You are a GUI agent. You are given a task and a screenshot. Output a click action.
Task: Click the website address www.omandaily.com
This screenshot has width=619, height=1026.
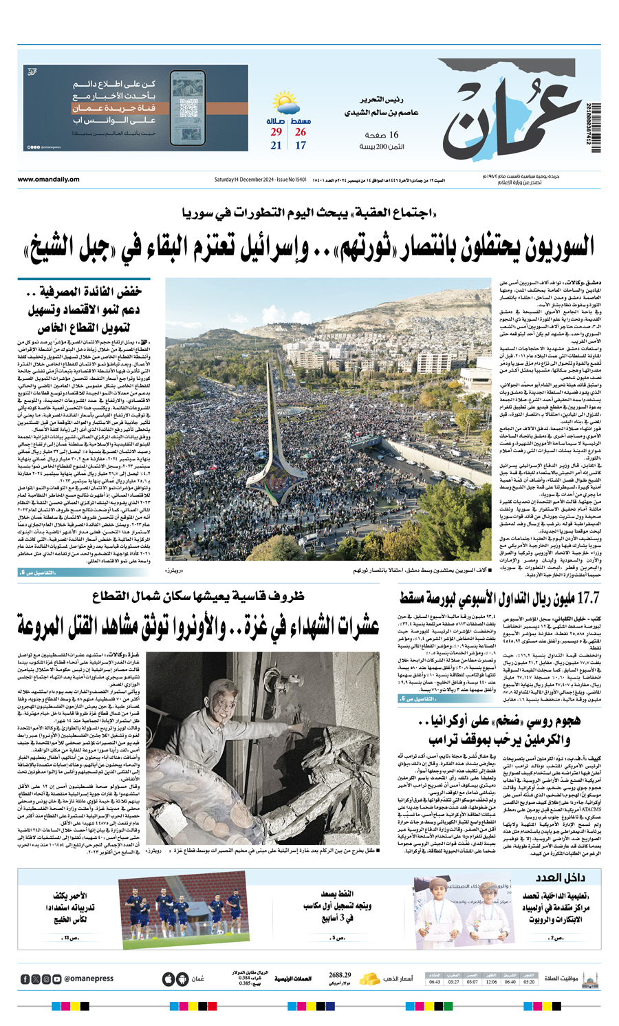point(48,180)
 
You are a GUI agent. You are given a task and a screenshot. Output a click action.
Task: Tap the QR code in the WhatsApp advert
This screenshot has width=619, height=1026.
point(188,109)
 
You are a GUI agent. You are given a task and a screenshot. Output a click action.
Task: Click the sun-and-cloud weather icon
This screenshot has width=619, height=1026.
point(285,104)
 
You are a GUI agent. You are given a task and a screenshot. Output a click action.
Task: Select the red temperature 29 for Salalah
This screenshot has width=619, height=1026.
point(276,132)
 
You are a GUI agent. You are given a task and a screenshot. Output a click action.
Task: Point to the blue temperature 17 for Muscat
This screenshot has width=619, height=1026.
point(301,145)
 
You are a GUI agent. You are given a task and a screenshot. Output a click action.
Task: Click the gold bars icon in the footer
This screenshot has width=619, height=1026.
point(371,978)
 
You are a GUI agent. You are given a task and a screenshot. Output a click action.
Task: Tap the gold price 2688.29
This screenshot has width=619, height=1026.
point(340,975)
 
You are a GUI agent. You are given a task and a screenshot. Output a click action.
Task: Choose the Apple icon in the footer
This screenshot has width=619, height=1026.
point(169,979)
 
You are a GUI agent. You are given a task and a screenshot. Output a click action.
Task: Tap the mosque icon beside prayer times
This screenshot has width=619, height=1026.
point(589,979)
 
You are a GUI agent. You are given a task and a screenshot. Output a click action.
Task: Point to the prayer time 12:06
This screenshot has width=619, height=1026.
point(491,982)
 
